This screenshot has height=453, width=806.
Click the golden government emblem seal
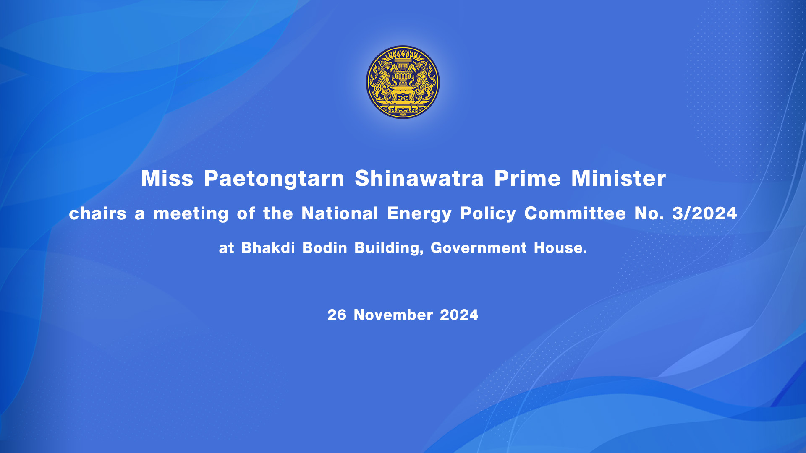(403, 82)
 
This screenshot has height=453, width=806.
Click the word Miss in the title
(167, 178)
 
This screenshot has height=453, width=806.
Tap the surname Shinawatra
(419, 178)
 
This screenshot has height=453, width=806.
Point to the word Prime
(528, 178)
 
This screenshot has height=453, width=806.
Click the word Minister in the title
(619, 178)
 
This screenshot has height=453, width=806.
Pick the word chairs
(97, 213)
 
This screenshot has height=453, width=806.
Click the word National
(340, 213)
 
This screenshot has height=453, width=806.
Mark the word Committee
(575, 213)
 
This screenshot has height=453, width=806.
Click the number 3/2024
(704, 213)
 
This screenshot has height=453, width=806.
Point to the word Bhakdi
(268, 247)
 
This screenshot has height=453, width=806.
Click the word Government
(479, 247)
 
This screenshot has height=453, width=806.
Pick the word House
(560, 247)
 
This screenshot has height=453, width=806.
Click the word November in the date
(393, 315)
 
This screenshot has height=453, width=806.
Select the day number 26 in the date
(337, 315)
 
